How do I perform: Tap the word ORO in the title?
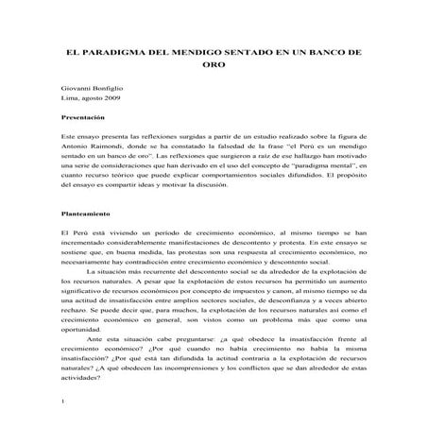pos(214,68)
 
